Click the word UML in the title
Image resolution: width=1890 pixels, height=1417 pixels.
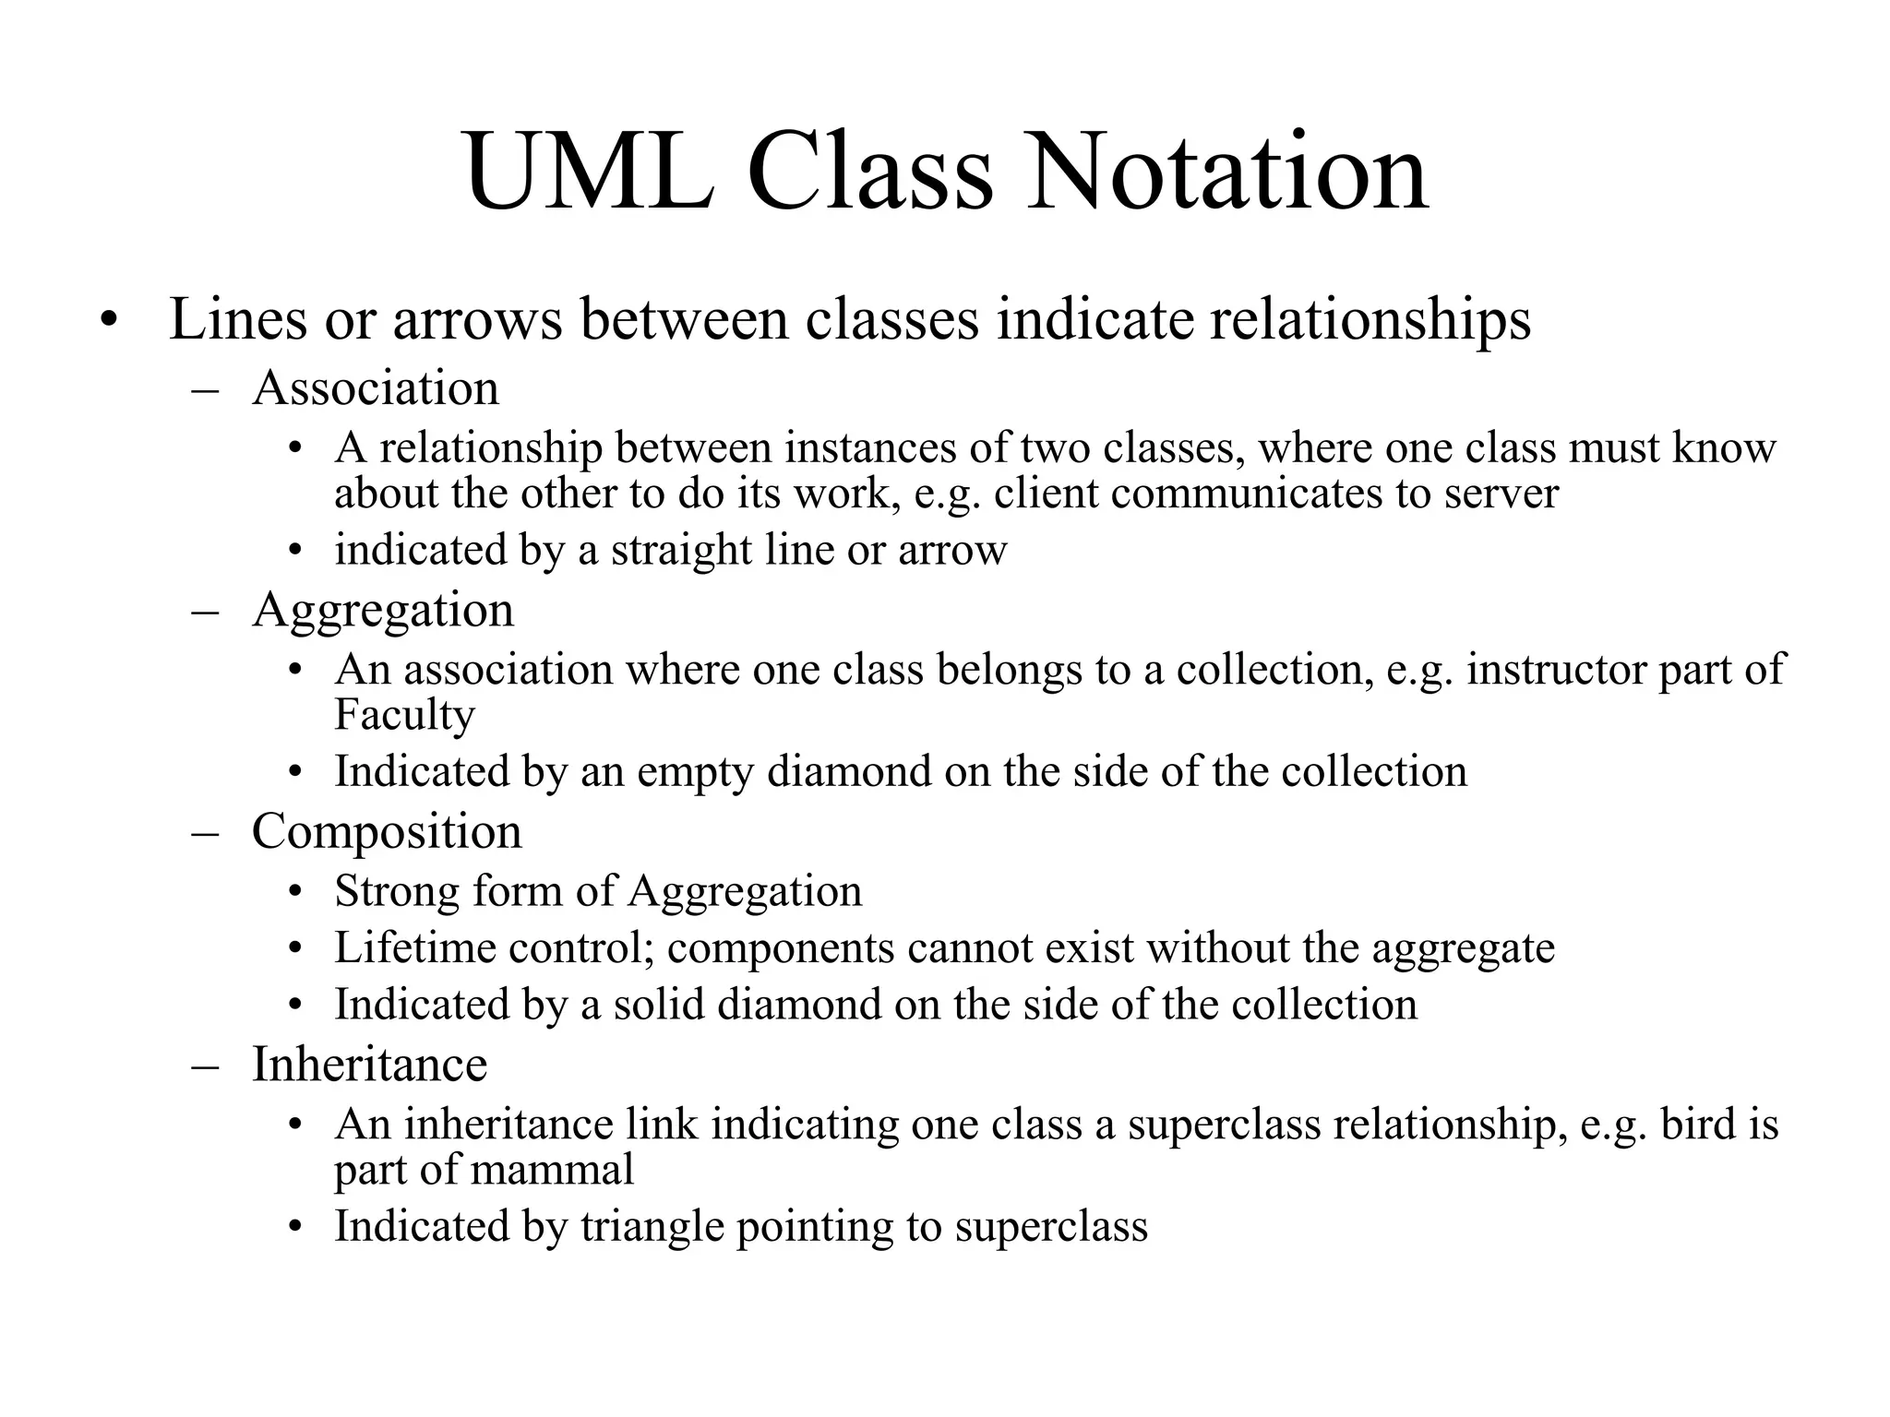(591, 173)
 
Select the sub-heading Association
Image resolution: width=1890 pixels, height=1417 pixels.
(376, 387)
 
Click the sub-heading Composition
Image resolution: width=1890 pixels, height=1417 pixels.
(387, 831)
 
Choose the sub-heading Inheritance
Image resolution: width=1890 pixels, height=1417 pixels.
(369, 1064)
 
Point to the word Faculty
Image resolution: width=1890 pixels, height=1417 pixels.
(404, 714)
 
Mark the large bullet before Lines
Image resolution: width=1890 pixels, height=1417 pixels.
(110, 321)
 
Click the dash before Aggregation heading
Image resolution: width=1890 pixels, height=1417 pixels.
(205, 612)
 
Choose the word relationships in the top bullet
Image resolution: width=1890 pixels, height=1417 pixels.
(1370, 319)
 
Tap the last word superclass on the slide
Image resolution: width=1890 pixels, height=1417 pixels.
(1051, 1227)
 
